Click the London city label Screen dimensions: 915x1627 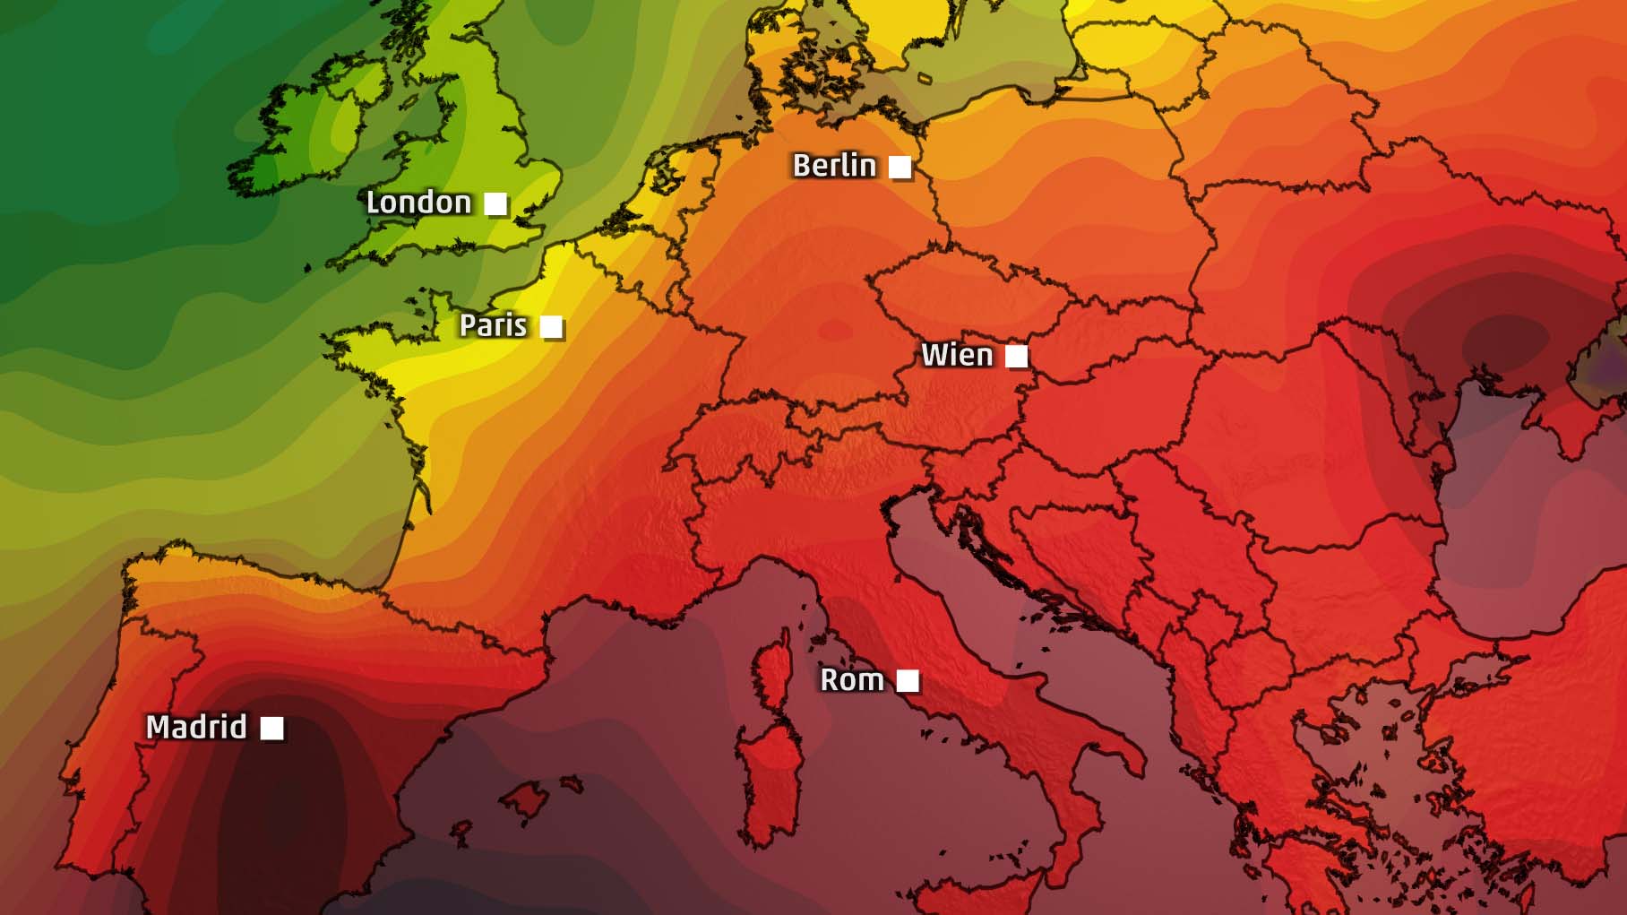pos(418,203)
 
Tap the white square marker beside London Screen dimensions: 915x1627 pos(495,203)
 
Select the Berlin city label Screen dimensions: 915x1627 pos(834,166)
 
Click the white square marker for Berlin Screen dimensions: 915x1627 pos(900,167)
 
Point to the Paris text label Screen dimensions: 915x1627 pos(493,325)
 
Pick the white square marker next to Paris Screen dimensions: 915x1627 pos(551,327)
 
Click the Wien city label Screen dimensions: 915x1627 pos(957,356)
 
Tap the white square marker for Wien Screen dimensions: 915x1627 pos(1016,357)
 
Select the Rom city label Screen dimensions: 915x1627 pos(852,680)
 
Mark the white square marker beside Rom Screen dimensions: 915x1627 pos(908,681)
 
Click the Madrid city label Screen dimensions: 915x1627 pos(196,727)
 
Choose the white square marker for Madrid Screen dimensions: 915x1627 pos(271,728)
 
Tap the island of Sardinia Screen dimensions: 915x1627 pos(769,780)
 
